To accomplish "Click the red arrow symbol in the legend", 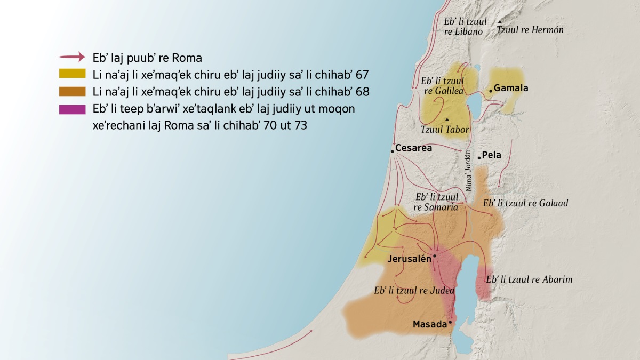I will (x=72, y=57).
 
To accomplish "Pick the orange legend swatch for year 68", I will (x=72, y=92).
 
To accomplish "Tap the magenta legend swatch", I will (x=72, y=109).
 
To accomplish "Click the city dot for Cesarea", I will (x=392, y=151).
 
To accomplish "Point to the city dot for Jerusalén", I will (x=435, y=256).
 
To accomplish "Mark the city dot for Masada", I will (x=450, y=322).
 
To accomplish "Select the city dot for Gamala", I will (x=491, y=91).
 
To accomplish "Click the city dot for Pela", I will (x=479, y=157).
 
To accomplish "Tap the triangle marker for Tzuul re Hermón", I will (x=500, y=22).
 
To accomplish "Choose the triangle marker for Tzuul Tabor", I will (x=447, y=118).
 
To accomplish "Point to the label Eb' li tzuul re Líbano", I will (x=463, y=27).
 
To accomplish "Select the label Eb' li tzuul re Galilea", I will (x=442, y=86).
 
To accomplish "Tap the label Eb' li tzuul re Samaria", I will (x=436, y=202).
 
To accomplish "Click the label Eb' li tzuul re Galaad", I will (x=525, y=203).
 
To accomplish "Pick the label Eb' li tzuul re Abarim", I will (x=529, y=279).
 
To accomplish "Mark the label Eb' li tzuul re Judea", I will (x=414, y=291).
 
